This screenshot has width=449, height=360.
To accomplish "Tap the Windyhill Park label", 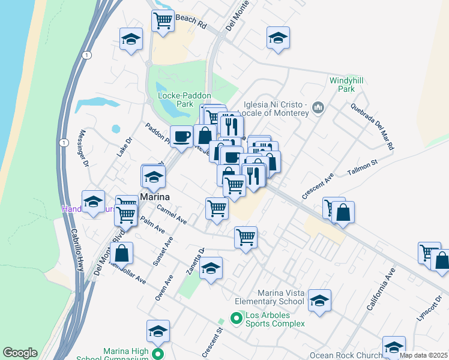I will [x=342, y=83].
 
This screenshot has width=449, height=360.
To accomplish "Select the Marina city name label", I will [x=154, y=197].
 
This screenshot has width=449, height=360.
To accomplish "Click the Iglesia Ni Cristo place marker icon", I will [x=318, y=109].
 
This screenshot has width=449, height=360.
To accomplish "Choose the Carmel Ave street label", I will [x=172, y=214].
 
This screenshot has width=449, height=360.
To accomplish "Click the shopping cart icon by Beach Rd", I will [x=163, y=21].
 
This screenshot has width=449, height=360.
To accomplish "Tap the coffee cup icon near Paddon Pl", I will [x=182, y=137].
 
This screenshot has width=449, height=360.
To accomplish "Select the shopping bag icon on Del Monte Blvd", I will [x=121, y=254].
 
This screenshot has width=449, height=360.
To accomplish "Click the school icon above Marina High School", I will [x=158, y=331].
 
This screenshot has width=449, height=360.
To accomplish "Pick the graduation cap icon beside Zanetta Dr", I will [x=211, y=268].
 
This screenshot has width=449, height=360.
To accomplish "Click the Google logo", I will [x=20, y=353].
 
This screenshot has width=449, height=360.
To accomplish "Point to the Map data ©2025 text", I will [x=424, y=355].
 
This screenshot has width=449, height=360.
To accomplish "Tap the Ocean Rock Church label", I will [x=346, y=355].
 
